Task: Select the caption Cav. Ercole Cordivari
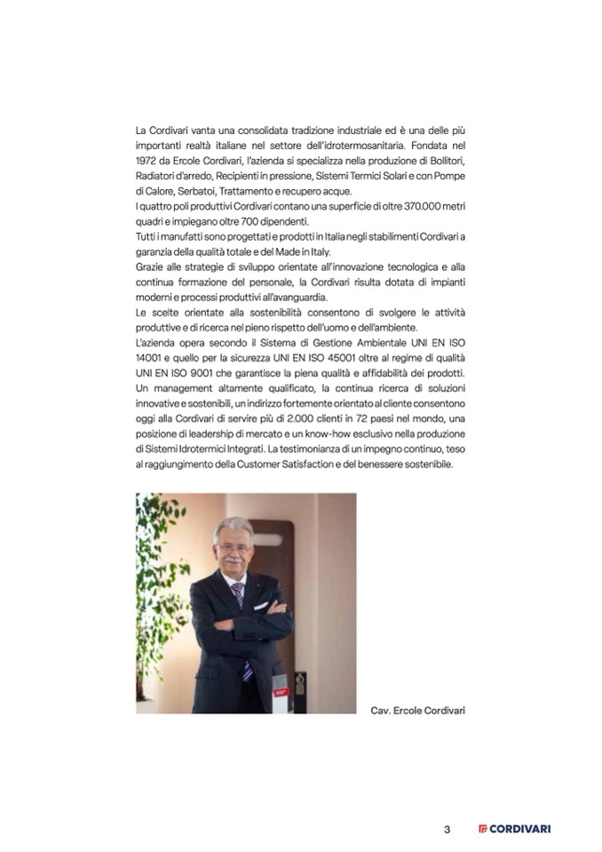(418, 710)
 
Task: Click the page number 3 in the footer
(448, 829)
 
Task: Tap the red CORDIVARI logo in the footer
(513, 829)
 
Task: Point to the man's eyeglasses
(240, 547)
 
